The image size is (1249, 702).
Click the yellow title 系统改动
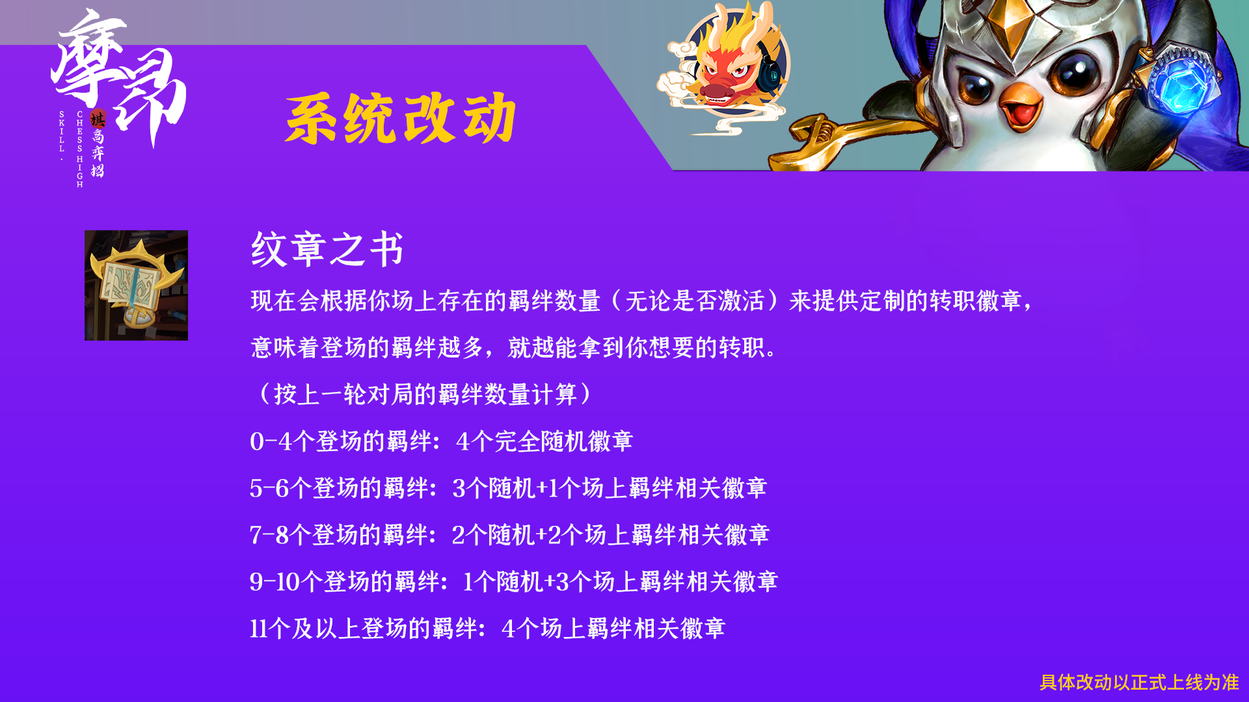click(401, 118)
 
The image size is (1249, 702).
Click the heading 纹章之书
click(327, 249)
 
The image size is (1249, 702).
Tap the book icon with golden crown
click(136, 285)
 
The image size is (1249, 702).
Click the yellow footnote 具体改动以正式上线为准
click(1139, 682)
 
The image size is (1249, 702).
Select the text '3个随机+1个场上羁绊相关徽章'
click(610, 488)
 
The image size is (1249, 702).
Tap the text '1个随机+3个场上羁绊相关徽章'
click(620, 582)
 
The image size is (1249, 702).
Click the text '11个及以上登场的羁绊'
click(364, 629)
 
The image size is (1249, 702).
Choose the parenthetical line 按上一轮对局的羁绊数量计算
click(425, 395)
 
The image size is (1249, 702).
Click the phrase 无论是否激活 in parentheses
click(694, 301)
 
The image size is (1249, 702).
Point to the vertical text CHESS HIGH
click(80, 149)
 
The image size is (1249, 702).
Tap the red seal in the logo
click(98, 119)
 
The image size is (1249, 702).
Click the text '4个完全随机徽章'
click(544, 441)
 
